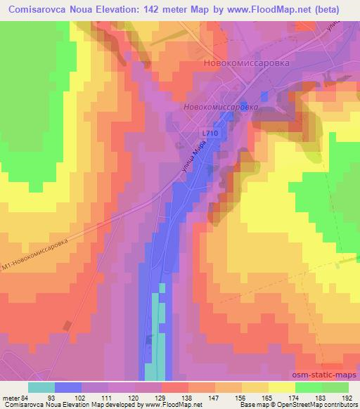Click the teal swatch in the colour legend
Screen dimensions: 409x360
pyautogui.click(x=41, y=387)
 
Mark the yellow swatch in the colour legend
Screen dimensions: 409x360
pyautogui.click(x=282, y=387)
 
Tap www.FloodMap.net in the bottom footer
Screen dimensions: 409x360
pyautogui.click(x=172, y=405)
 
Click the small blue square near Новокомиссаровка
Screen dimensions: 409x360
pyautogui.click(x=264, y=95)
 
